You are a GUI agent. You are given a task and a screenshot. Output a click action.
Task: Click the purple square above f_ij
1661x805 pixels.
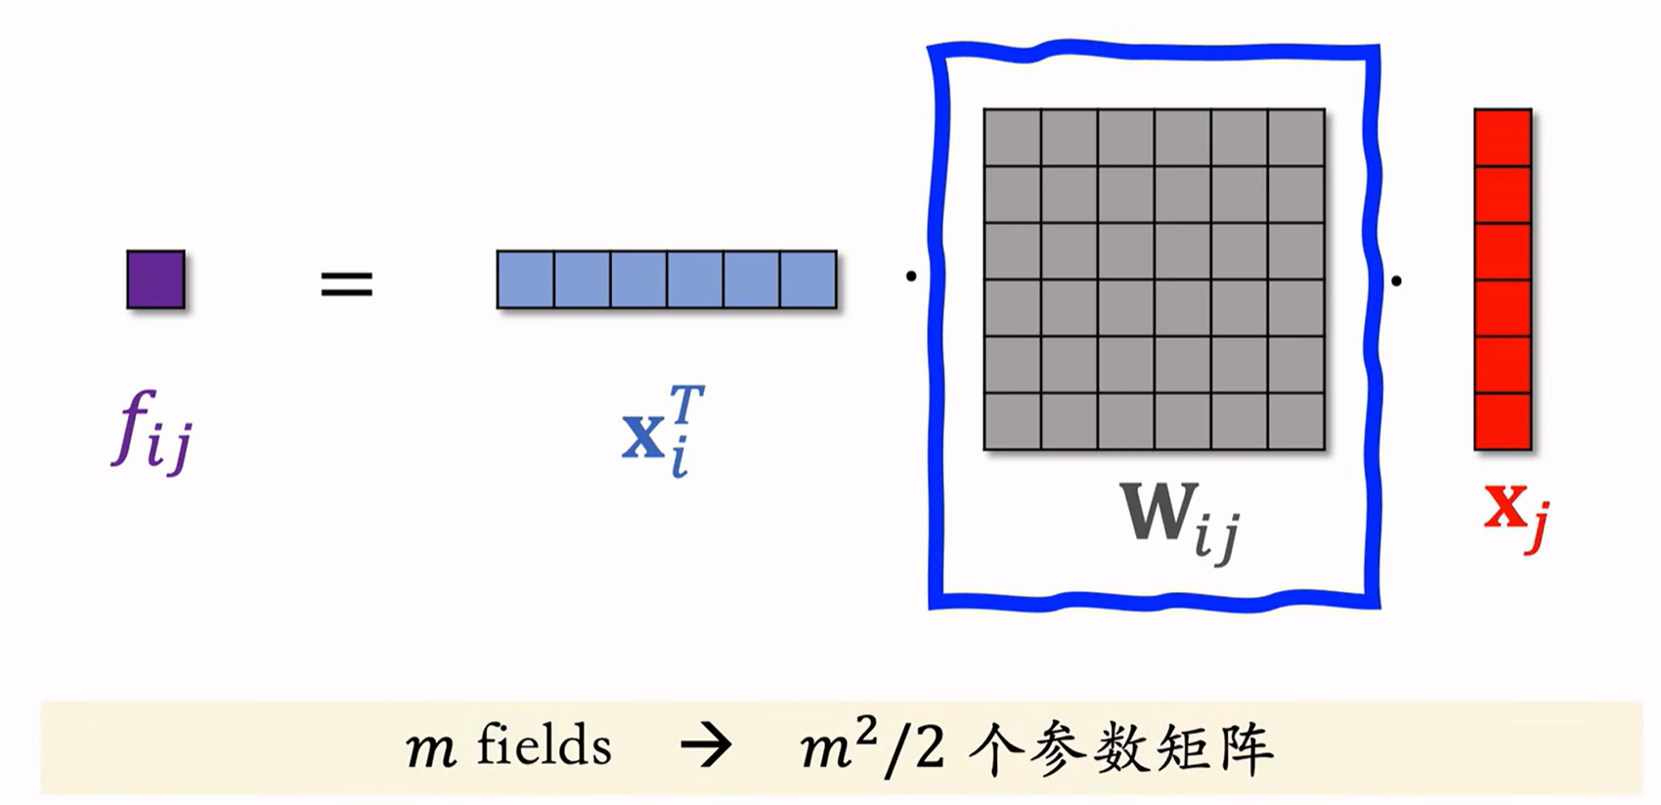(x=155, y=279)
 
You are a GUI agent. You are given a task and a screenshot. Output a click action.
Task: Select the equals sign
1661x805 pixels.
(x=347, y=284)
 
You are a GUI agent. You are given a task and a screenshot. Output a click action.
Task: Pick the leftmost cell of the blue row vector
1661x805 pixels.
(x=526, y=279)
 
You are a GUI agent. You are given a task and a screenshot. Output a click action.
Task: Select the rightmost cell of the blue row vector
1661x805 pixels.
(x=809, y=279)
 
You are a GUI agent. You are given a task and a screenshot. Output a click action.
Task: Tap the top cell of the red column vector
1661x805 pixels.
(x=1503, y=138)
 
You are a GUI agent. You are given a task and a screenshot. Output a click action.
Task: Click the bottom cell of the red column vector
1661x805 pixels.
(x=1503, y=421)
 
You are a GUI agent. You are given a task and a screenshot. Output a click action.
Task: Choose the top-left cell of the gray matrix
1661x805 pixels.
(x=1013, y=138)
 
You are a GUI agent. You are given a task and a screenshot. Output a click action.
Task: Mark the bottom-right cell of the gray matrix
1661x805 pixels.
(x=1296, y=421)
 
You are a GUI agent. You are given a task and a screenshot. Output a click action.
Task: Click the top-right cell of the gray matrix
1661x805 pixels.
(x=1296, y=138)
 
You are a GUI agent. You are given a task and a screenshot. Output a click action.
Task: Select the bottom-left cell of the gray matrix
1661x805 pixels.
(x=1013, y=421)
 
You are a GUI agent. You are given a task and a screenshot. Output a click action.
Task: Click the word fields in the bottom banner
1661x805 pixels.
(x=544, y=747)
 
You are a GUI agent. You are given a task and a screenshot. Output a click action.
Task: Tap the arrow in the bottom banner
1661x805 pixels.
(x=706, y=747)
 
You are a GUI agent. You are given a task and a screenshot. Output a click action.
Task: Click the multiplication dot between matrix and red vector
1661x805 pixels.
(x=1396, y=281)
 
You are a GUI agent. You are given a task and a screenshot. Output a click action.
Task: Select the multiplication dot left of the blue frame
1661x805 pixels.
(x=911, y=276)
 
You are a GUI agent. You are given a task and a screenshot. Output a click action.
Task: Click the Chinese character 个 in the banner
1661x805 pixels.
(x=997, y=749)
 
